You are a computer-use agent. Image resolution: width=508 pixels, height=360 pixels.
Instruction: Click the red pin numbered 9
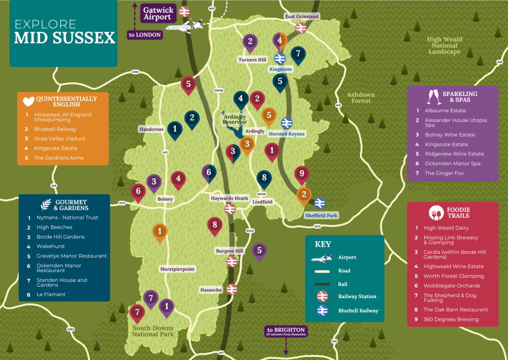point(302,174)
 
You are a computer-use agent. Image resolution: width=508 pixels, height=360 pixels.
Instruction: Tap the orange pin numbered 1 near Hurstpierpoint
point(160,232)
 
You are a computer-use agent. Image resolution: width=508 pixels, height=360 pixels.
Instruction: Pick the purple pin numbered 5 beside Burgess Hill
point(259,251)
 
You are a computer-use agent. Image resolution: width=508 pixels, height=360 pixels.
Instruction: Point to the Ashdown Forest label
point(361,97)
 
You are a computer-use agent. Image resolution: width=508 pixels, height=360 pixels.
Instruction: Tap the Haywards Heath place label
point(230,198)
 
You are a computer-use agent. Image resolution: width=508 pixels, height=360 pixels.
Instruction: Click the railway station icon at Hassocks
point(232,289)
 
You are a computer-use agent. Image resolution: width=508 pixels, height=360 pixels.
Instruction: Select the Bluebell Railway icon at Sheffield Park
point(320,203)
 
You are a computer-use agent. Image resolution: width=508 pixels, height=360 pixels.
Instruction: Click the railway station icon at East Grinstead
point(301,28)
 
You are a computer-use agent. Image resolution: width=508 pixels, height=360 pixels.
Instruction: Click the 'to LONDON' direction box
point(145,35)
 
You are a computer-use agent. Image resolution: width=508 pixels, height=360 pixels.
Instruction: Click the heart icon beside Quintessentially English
point(28,101)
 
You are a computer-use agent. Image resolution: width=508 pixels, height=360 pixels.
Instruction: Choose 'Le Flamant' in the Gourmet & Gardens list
point(51,294)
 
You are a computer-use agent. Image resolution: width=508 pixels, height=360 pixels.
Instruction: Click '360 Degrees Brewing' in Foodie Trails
point(451,319)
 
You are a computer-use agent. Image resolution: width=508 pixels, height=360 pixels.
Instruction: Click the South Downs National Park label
point(153,331)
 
